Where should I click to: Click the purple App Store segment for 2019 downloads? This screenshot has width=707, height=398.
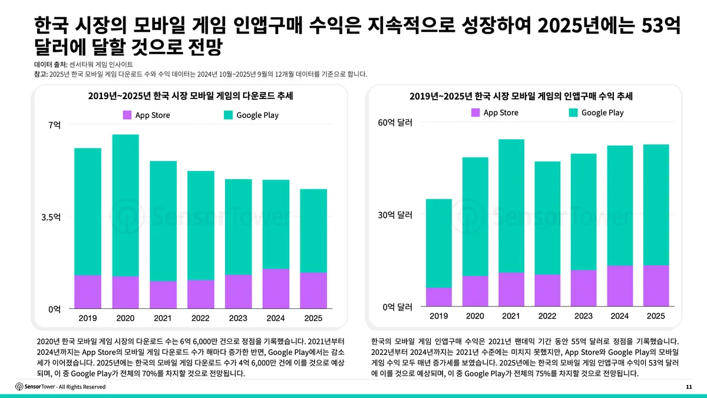(x=88, y=292)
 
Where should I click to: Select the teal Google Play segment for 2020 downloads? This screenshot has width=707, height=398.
(x=125, y=205)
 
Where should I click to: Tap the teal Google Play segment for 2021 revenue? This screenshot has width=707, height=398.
(x=511, y=206)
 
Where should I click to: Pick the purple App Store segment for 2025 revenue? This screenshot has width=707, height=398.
(x=656, y=285)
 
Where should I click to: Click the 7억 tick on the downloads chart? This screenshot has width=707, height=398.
(x=54, y=124)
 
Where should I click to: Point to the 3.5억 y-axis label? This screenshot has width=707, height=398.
(x=51, y=216)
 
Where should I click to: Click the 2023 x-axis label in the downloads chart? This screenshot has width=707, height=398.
(x=238, y=318)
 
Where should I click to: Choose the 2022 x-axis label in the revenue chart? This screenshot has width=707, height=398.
(x=547, y=316)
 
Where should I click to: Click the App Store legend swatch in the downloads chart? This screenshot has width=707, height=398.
(x=127, y=115)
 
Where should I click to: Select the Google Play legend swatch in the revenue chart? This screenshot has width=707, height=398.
(x=573, y=113)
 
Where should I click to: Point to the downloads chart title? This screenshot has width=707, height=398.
(x=191, y=96)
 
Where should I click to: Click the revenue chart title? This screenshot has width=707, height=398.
(x=521, y=96)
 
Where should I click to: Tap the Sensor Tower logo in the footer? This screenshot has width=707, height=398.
(x=35, y=386)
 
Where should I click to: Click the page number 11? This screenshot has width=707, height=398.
(x=689, y=387)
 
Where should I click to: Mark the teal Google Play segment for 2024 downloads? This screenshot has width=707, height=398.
(x=275, y=224)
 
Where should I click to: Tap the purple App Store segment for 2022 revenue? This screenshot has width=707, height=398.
(x=547, y=290)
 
